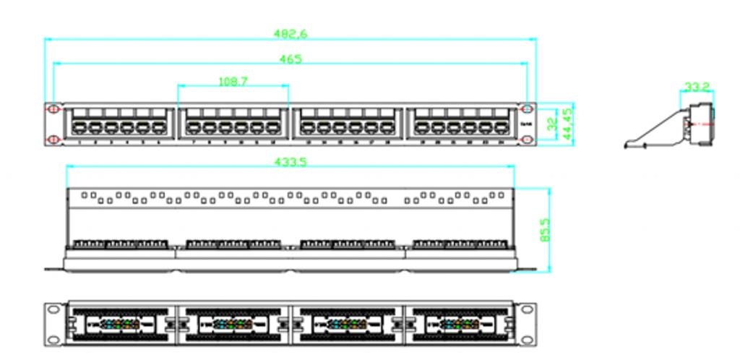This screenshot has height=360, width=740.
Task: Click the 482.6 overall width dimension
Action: click(x=291, y=33)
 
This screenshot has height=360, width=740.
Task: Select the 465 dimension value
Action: click(x=291, y=59)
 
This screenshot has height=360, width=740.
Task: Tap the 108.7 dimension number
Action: click(x=233, y=82)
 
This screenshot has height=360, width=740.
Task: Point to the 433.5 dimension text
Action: click(x=291, y=163)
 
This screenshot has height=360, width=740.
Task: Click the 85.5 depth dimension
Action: click(x=546, y=231)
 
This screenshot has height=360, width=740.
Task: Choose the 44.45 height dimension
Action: click(x=569, y=124)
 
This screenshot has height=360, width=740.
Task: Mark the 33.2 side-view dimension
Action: click(x=697, y=87)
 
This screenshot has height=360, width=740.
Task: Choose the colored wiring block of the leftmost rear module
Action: click(x=120, y=323)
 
